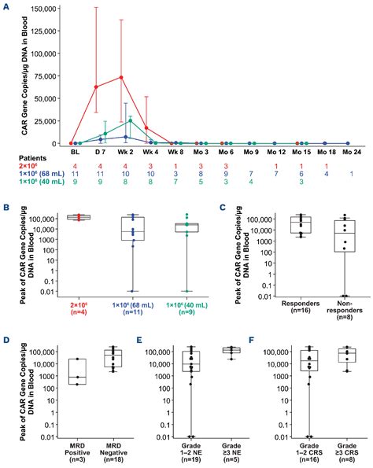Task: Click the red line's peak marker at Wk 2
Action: pos(121,77)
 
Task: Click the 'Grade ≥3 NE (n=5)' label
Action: pos(232,451)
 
